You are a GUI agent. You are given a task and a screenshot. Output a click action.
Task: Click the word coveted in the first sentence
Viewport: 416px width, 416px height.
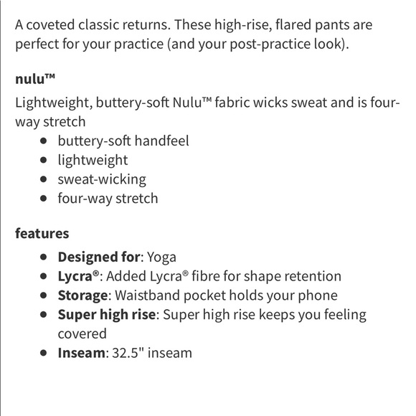(x=56, y=24)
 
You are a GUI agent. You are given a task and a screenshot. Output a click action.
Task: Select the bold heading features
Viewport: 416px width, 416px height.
(x=42, y=233)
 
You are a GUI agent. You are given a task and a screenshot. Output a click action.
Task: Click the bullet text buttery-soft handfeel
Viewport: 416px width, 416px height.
(x=123, y=141)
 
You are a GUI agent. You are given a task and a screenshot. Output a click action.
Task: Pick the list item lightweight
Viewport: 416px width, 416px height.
(x=93, y=160)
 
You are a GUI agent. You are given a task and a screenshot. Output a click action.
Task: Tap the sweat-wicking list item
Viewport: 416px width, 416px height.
(x=102, y=179)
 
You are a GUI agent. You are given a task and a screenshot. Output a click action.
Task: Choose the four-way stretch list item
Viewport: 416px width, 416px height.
(x=108, y=199)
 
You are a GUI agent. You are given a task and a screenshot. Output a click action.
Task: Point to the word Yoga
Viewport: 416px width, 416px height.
(x=161, y=257)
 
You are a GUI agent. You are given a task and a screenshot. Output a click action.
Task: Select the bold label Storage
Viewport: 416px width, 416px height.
(x=82, y=296)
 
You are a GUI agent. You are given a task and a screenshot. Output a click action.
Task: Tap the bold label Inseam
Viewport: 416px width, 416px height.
(x=80, y=353)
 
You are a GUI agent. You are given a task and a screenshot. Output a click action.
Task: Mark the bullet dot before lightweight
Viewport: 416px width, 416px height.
(x=44, y=160)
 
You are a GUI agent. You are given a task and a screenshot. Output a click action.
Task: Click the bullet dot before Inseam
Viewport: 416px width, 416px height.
(x=44, y=353)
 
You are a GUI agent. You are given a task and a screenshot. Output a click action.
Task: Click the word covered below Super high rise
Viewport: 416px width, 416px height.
(x=82, y=334)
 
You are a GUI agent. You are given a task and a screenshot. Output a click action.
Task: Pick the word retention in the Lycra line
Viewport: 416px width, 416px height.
(x=313, y=276)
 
